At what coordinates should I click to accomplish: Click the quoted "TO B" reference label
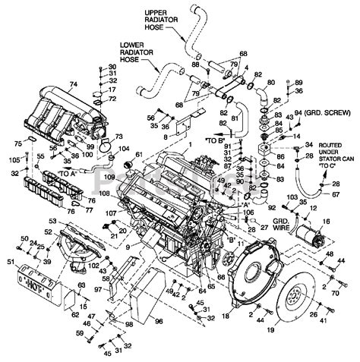point(213,140)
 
